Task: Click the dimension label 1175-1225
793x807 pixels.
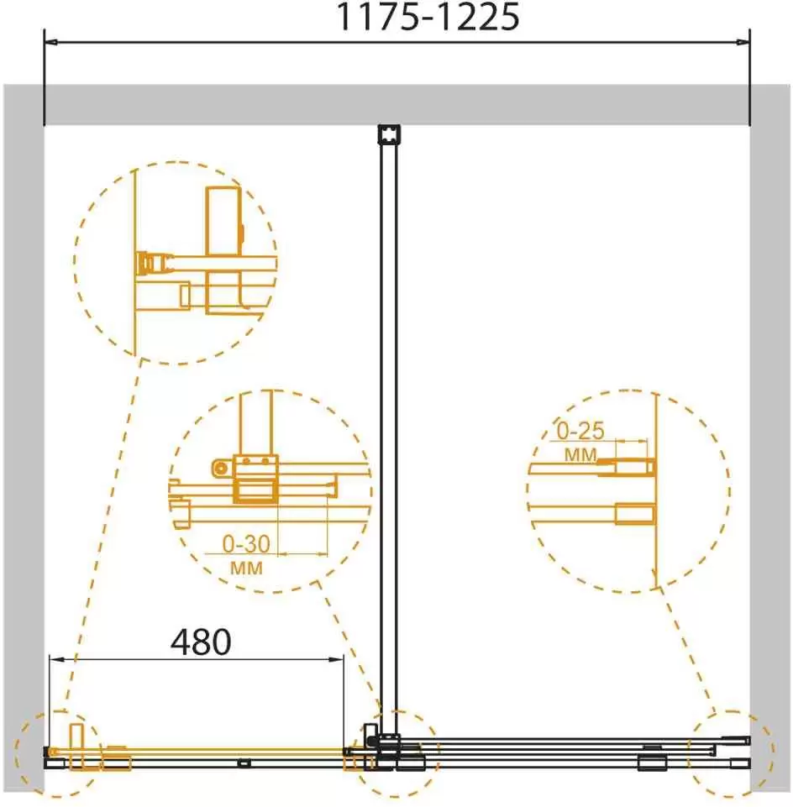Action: [428, 17]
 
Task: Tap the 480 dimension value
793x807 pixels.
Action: [201, 642]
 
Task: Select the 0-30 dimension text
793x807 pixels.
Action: [246, 543]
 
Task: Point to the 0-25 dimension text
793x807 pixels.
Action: [580, 431]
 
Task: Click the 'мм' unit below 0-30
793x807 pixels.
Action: [246, 569]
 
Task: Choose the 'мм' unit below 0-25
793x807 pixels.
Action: [580, 455]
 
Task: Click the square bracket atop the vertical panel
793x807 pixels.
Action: [389, 134]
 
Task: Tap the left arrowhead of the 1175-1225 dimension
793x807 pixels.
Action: [51, 43]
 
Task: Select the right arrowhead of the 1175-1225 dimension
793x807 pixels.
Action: [743, 43]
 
